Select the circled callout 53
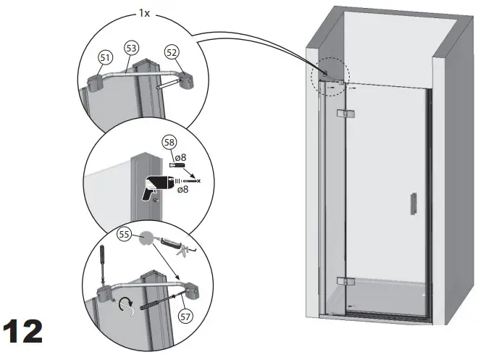tap(131, 49)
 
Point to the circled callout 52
tap(171, 52)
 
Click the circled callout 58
tap(169, 142)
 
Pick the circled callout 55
tap(124, 235)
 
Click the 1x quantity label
tap(145, 13)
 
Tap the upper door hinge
tap(346, 114)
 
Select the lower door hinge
tap(345, 281)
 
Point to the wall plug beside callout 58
tap(178, 167)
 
